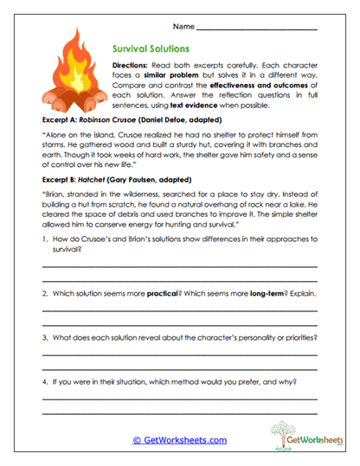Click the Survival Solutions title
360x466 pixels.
[151, 49]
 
